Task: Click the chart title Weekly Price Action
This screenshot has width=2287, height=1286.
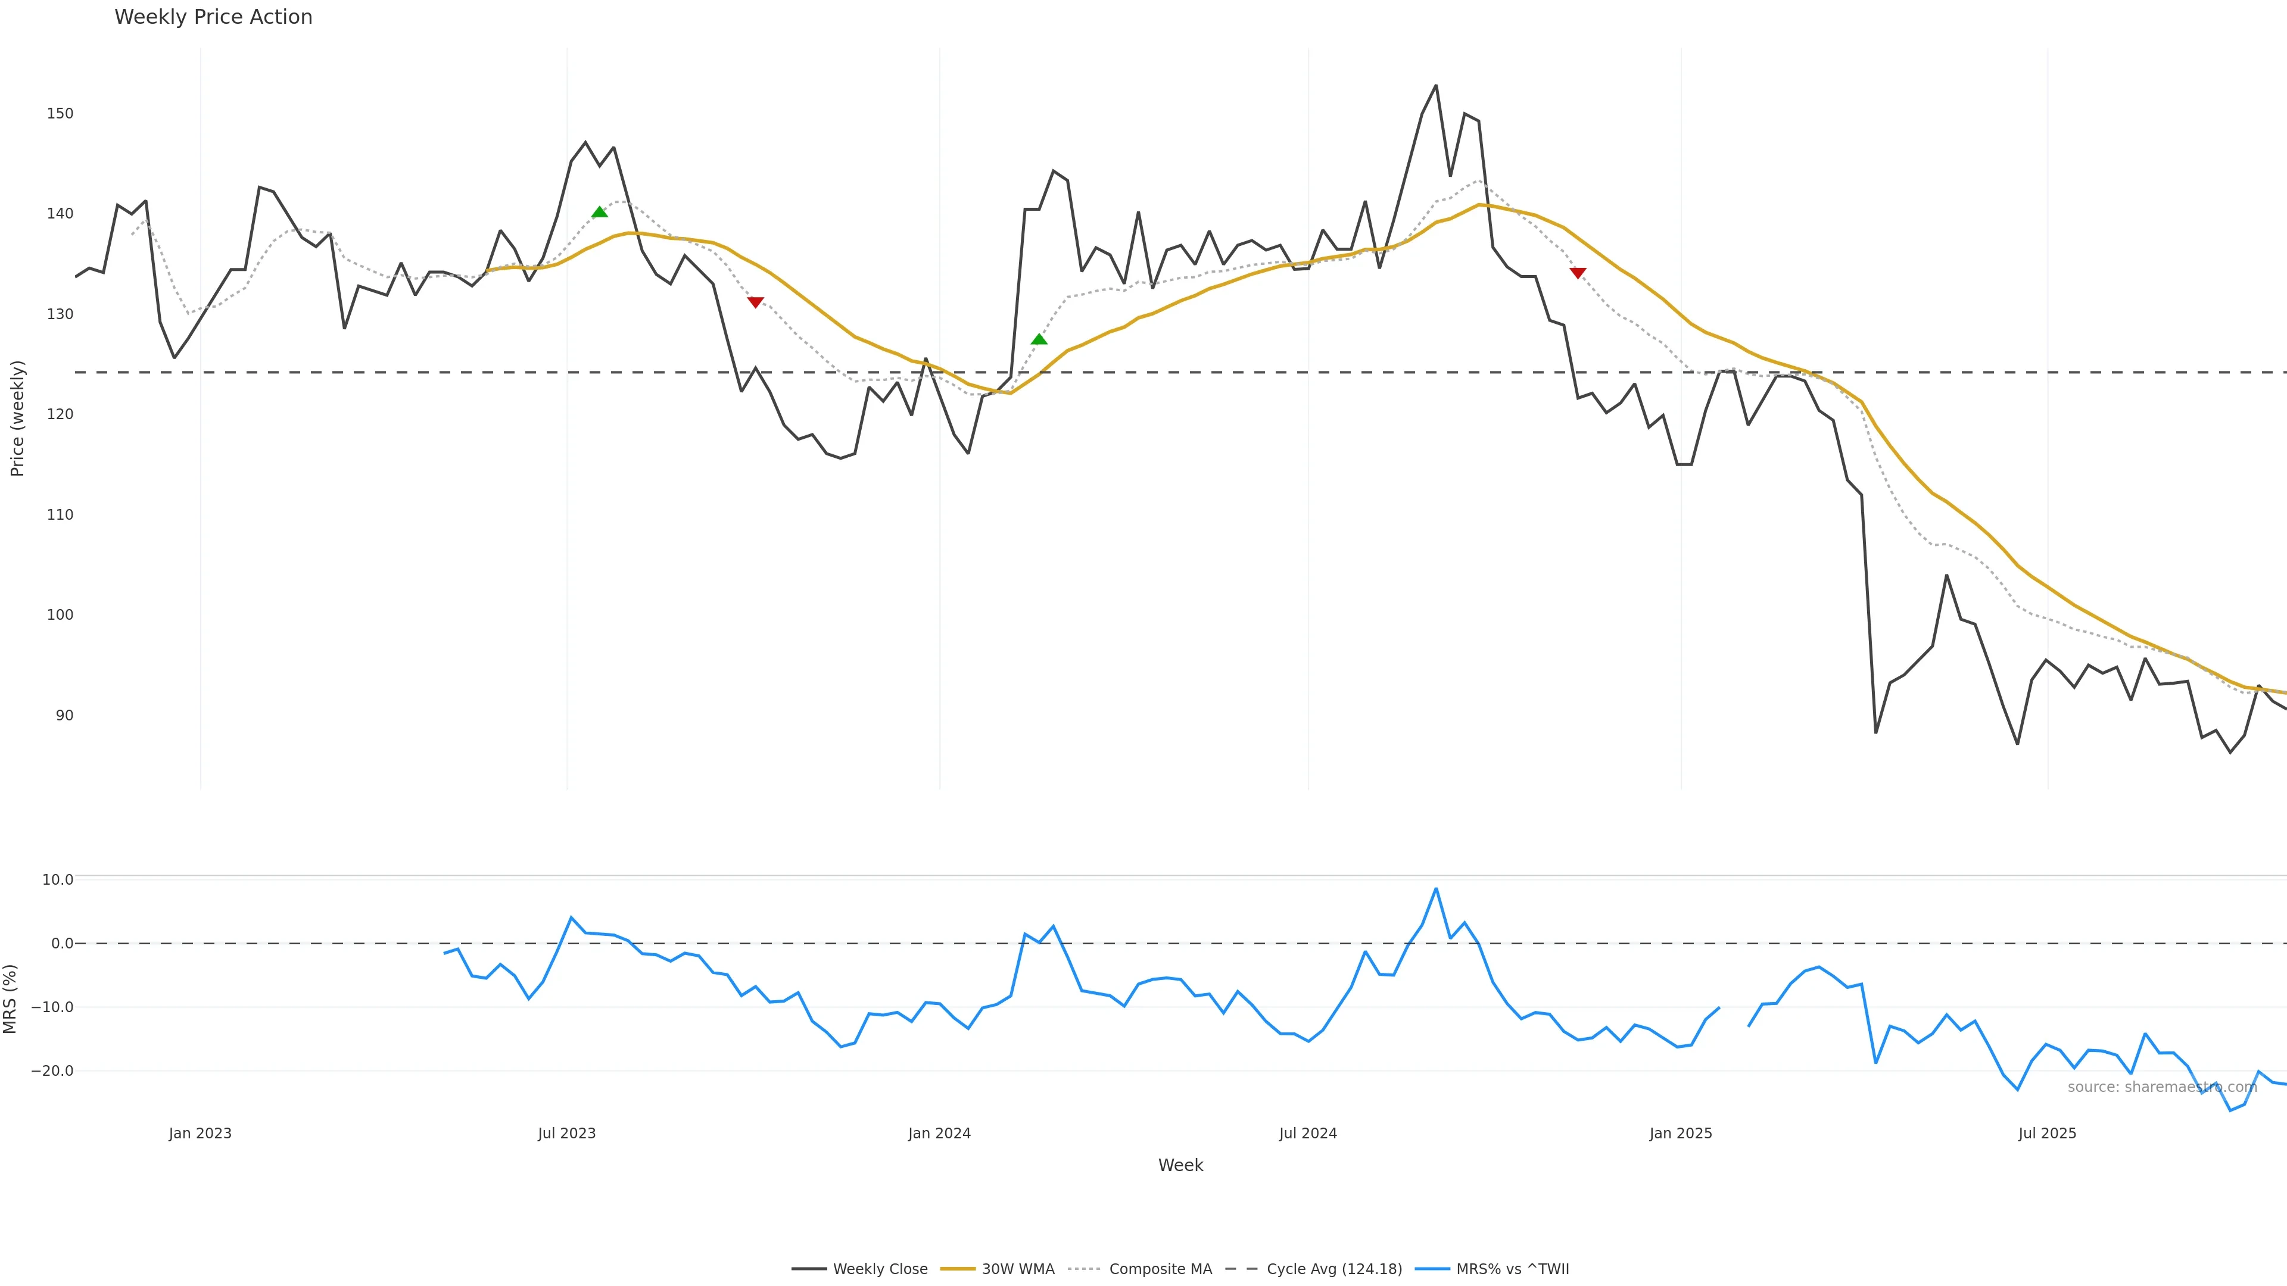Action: coord(213,17)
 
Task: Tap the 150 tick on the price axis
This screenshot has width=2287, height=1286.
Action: coord(60,114)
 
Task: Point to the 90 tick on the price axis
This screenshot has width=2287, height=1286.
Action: coord(64,715)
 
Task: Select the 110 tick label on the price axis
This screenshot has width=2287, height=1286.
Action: coord(60,515)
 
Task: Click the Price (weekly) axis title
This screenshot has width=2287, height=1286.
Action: coord(17,418)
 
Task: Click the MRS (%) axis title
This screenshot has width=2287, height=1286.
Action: coord(11,998)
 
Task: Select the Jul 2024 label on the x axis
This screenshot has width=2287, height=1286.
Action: coord(1308,1134)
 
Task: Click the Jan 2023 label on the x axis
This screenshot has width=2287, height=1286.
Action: coord(200,1134)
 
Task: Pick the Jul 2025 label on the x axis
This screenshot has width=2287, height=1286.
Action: coord(2048,1134)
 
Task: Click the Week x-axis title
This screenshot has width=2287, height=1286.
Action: coord(1180,1165)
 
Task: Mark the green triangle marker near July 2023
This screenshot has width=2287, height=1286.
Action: coord(599,212)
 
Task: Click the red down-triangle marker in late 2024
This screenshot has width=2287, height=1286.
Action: coord(1578,273)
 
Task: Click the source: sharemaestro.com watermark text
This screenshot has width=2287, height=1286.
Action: coord(2162,1087)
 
